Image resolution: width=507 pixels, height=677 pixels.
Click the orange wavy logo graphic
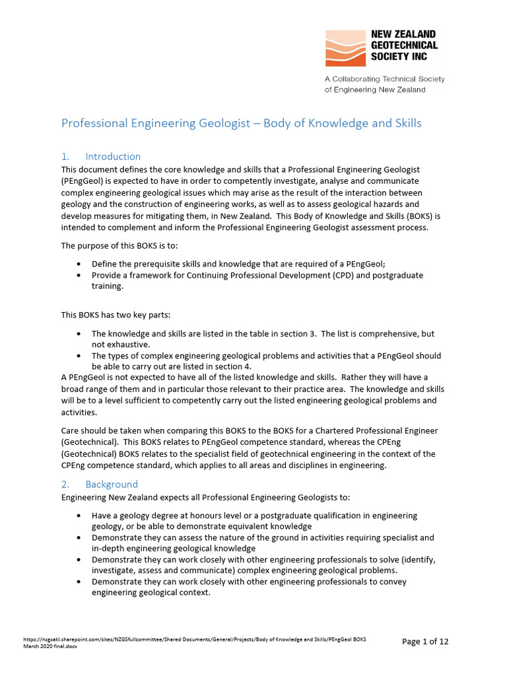click(345, 48)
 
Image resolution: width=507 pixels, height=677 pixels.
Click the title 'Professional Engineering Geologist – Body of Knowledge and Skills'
click(241, 124)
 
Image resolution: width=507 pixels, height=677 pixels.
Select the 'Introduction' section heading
click(113, 157)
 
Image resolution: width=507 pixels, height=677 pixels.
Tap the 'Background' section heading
click(112, 484)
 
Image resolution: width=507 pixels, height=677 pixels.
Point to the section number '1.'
click(65, 157)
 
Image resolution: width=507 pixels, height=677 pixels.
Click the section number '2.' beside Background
click(65, 484)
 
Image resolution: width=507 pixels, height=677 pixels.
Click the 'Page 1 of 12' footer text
click(425, 641)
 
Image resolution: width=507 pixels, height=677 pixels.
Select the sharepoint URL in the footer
click(194, 639)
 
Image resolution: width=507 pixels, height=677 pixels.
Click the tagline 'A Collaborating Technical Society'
click(384, 79)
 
